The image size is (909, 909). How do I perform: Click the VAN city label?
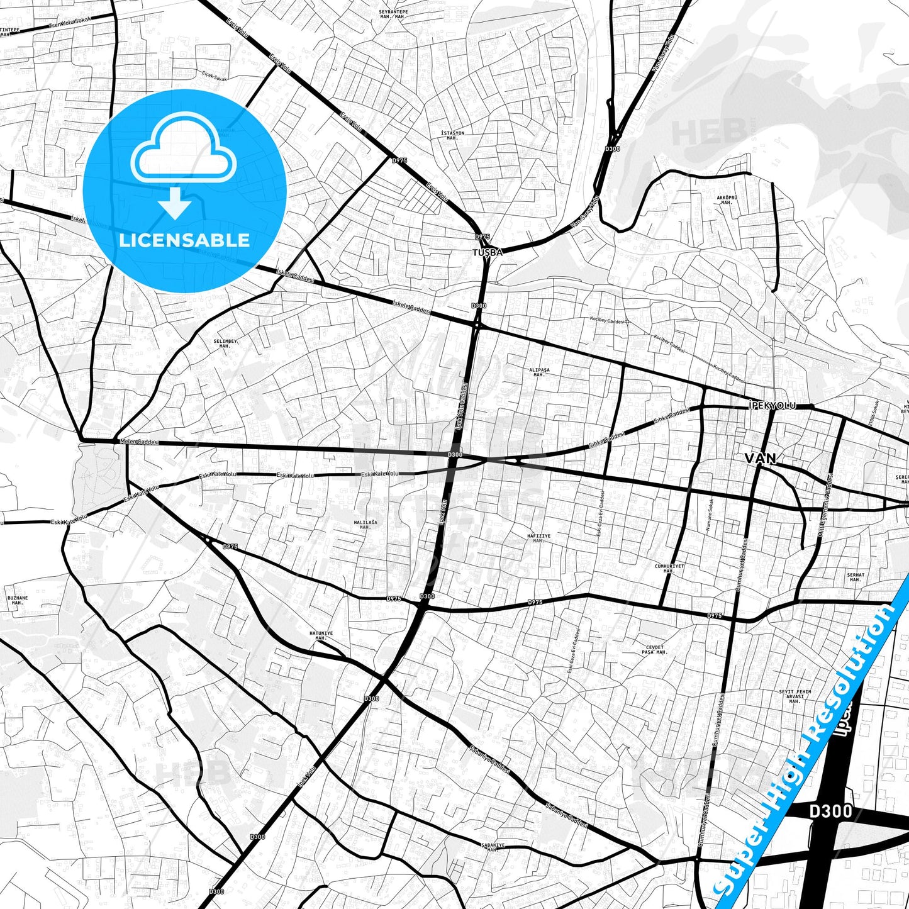[761, 458]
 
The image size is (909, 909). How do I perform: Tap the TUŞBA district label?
[488, 252]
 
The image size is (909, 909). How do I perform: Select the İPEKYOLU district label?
[772, 406]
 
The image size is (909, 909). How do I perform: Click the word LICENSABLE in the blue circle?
[184, 240]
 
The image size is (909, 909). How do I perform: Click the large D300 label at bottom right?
[830, 811]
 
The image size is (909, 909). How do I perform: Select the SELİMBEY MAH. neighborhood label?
[225, 343]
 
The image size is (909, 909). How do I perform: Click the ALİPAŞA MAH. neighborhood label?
[539, 372]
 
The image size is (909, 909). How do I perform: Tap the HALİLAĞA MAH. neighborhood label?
[365, 525]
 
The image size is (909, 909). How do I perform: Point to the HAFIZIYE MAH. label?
[538, 538]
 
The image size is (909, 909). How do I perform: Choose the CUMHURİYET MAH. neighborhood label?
[669, 568]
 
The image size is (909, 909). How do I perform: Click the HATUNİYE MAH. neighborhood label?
[321, 635]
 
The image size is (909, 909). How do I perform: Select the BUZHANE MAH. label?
[17, 600]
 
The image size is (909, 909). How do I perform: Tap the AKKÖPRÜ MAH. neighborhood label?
[727, 200]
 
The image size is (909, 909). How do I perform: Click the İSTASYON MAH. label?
[452, 135]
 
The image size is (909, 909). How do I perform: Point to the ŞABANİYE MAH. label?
[493, 847]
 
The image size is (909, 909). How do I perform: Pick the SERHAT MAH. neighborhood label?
[856, 577]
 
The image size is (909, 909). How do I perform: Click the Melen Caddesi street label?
[139, 442]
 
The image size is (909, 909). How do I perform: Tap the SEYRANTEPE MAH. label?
[393, 14]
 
